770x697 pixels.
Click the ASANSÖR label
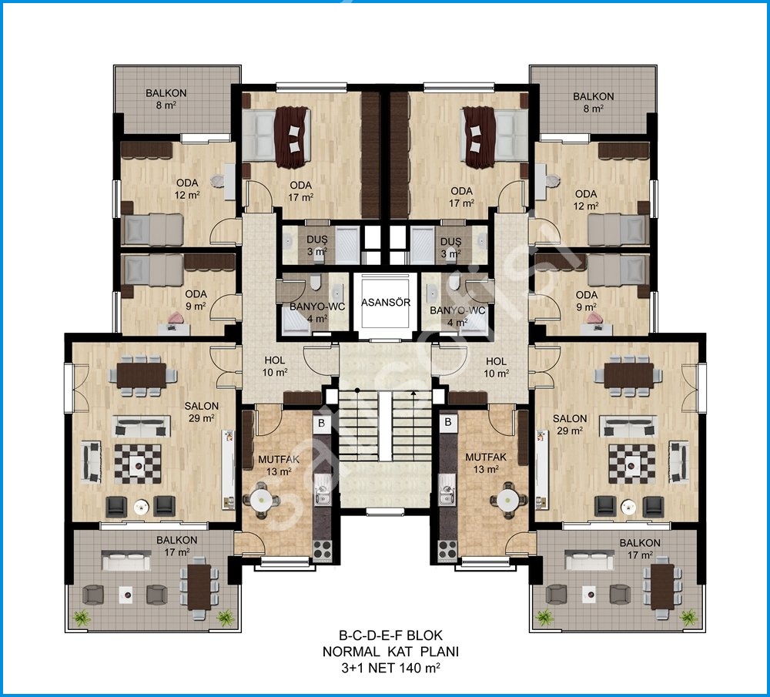pyautogui.click(x=386, y=302)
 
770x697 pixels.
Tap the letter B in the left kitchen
pyautogui.click(x=322, y=423)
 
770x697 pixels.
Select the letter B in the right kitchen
pyautogui.click(x=448, y=422)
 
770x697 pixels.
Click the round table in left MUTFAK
pyautogui.click(x=261, y=501)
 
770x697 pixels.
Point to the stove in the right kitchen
pyautogui.click(x=448, y=549)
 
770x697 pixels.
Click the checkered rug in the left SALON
pyautogui.click(x=138, y=464)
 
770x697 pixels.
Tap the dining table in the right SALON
pyautogui.click(x=628, y=375)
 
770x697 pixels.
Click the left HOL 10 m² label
pyautogui.click(x=275, y=367)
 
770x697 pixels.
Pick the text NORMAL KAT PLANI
pyautogui.click(x=390, y=652)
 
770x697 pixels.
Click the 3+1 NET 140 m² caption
pyautogui.click(x=390, y=668)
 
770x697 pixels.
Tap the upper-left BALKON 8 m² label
pyautogui.click(x=166, y=99)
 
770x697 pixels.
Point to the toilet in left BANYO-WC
pyautogui.click(x=315, y=282)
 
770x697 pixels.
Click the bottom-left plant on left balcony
pyautogui.click(x=82, y=617)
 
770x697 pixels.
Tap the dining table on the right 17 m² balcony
pyautogui.click(x=662, y=586)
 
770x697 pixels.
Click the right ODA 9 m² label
pyautogui.click(x=587, y=300)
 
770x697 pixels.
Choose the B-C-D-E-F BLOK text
pyautogui.click(x=390, y=635)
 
